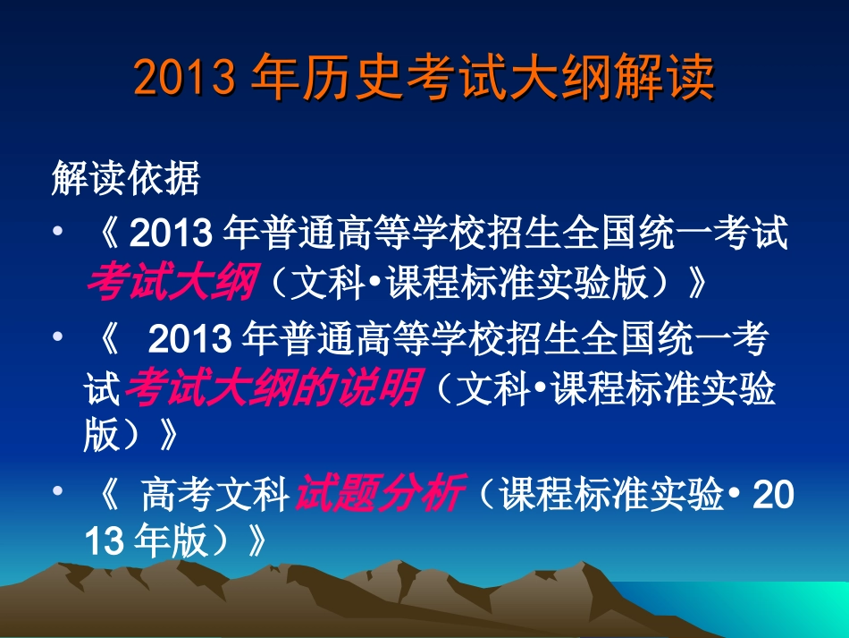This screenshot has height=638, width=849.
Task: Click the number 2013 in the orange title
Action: (x=185, y=80)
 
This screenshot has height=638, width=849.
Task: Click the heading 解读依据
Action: (x=125, y=179)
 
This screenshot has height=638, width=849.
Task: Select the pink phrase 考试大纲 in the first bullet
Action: (x=172, y=283)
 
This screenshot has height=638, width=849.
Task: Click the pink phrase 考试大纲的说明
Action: (x=272, y=388)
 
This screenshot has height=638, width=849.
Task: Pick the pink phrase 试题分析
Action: (x=379, y=493)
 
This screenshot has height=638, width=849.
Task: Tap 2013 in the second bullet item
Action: (x=189, y=340)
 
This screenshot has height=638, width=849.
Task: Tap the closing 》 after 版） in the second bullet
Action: (x=167, y=436)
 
